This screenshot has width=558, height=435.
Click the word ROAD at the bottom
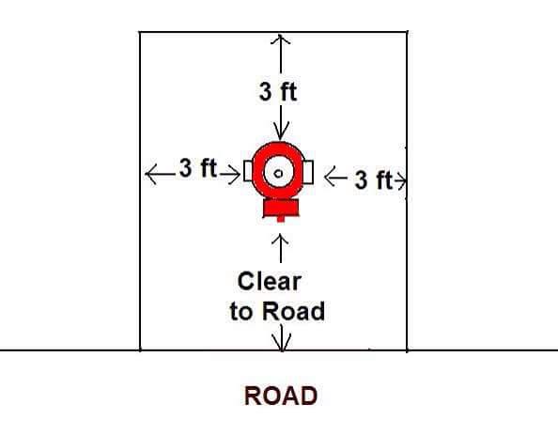(281, 396)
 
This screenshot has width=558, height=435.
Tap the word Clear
(270, 282)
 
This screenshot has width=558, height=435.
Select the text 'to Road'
(277, 311)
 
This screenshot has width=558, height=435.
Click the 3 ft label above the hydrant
(278, 91)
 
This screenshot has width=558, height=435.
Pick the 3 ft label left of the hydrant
(198, 167)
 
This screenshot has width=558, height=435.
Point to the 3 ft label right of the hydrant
(373, 179)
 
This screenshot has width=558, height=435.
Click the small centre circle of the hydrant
(278, 174)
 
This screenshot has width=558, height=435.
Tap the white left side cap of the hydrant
(248, 171)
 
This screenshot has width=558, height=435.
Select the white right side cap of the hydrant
(308, 172)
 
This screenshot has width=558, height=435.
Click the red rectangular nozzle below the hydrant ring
(281, 208)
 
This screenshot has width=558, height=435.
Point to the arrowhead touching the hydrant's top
(281, 134)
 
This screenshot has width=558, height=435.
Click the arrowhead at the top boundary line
(281, 39)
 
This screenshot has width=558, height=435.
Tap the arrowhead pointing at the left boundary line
(151, 174)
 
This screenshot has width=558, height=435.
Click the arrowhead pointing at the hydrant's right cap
(331, 177)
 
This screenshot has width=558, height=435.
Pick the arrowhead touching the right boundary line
(402, 180)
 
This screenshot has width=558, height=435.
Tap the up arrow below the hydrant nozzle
(281, 248)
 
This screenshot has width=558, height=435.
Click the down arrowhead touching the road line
(282, 342)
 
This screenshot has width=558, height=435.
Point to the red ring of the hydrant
(256, 171)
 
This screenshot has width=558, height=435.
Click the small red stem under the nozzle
(281, 219)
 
